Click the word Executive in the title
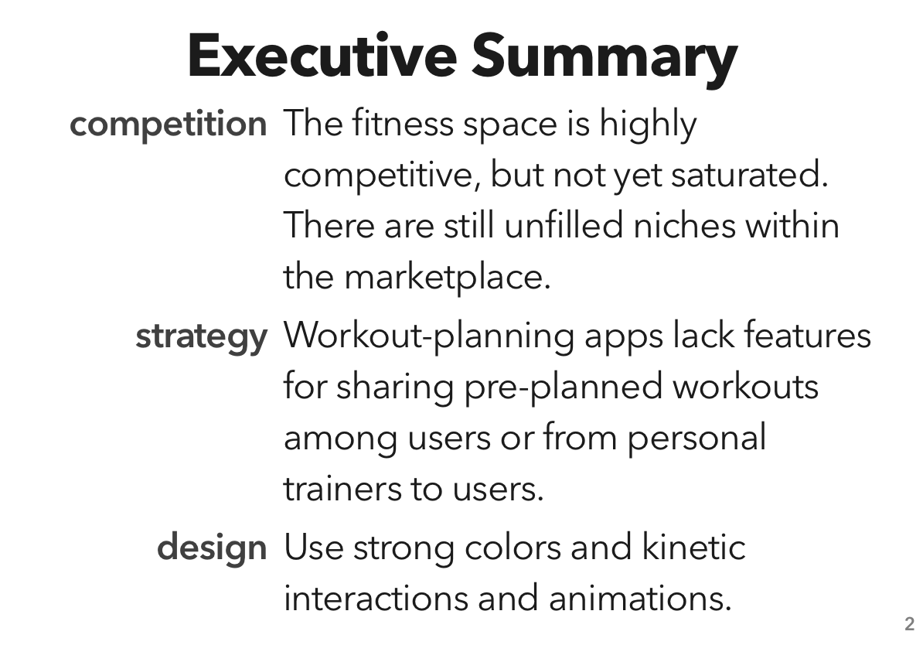pos(322,56)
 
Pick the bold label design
pos(212,548)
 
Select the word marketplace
pos(447,277)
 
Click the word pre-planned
pos(563,386)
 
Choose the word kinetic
pos(693,548)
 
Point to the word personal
pos(696,439)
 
